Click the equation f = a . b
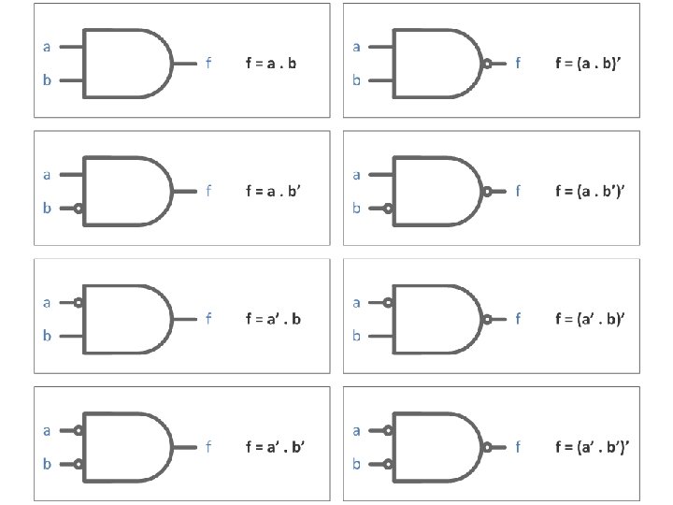click(271, 64)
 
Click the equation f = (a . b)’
click(589, 64)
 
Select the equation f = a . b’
click(274, 192)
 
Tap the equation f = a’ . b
click(274, 319)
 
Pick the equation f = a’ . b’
click(276, 447)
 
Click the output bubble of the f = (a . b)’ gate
click(487, 65)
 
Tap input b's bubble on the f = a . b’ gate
click(80, 209)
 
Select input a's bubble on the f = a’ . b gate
click(80, 302)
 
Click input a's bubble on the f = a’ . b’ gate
click(80, 430)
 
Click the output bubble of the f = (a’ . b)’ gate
click(487, 319)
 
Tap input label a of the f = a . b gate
click(47, 45)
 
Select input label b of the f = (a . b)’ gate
click(356, 80)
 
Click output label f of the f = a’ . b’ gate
click(208, 447)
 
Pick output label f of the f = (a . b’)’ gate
click(518, 192)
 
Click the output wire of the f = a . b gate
click(185, 64)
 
